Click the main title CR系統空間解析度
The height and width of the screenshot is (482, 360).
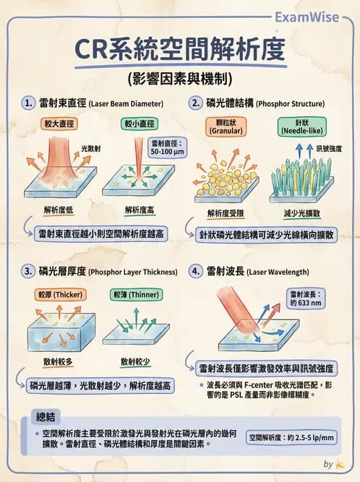[x=180, y=51]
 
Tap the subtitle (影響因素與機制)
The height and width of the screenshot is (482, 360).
[x=180, y=78]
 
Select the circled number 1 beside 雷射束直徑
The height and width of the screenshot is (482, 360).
[x=29, y=103]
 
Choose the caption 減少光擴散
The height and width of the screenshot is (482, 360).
[x=301, y=214]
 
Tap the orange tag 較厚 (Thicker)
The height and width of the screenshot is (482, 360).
[x=60, y=295]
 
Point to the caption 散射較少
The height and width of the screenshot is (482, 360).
[x=135, y=360]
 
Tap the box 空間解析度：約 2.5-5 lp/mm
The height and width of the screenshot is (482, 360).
[x=291, y=437]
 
